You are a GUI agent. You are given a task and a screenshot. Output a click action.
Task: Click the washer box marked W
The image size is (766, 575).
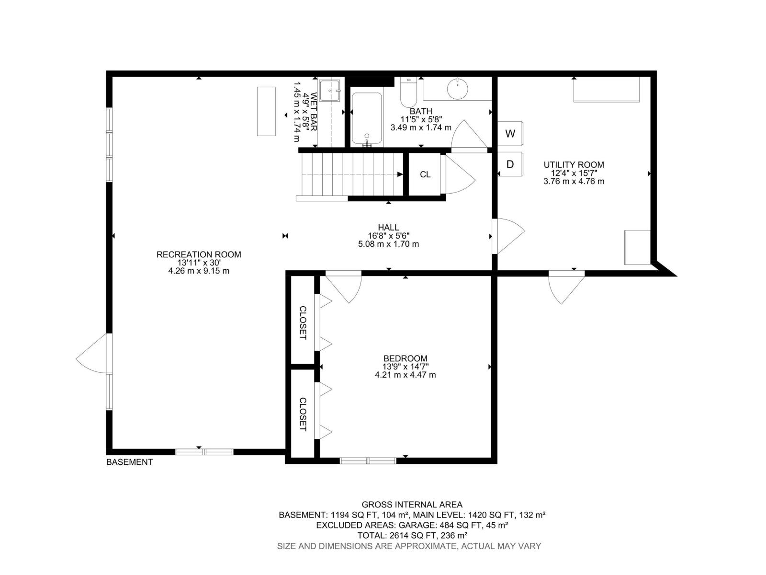pyautogui.click(x=510, y=134)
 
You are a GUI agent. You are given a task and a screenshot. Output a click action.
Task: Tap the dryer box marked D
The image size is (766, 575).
pyautogui.click(x=510, y=164)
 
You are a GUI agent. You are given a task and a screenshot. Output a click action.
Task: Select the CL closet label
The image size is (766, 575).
pyautogui.click(x=425, y=174)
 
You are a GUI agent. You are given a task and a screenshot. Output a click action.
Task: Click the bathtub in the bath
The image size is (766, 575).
pyautogui.click(x=367, y=118)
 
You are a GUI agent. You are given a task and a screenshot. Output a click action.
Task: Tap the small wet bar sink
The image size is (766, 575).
pyautogui.click(x=330, y=90)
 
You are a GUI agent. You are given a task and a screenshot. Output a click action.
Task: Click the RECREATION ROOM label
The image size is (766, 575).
pyautogui.click(x=199, y=254)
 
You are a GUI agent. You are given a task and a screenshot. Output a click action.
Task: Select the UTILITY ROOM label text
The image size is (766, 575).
pyautogui.click(x=574, y=165)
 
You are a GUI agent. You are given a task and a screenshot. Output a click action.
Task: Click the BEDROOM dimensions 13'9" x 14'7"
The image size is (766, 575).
pyautogui.click(x=405, y=367)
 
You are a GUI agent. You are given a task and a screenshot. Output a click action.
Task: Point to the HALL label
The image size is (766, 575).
pyautogui.click(x=388, y=228)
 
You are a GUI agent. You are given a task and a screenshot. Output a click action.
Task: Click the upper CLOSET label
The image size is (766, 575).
pyautogui.click(x=303, y=322)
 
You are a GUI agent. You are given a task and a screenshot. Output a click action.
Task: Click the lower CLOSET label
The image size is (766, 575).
pyautogui.click(x=303, y=414)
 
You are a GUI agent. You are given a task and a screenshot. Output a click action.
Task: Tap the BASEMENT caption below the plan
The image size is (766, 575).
pyautogui.click(x=129, y=462)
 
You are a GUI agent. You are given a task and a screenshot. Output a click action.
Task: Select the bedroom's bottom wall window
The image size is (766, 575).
pyautogui.click(x=368, y=461)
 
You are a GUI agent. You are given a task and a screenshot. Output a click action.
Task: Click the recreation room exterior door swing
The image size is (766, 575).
pyautogui.click(x=93, y=355)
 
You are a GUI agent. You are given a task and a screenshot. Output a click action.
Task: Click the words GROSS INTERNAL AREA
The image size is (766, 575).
pyautogui.click(x=412, y=505)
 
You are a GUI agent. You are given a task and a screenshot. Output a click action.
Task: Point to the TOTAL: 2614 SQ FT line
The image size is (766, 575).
pyautogui.click(x=412, y=535)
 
